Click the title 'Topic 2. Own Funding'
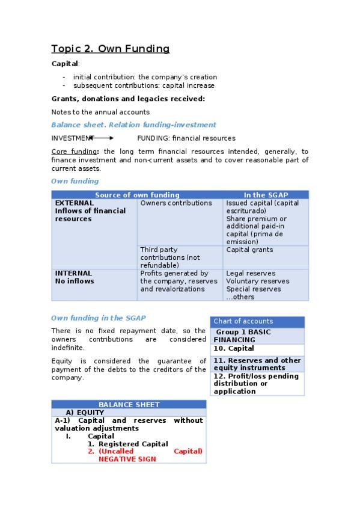click(111, 49)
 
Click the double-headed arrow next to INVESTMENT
click(101, 138)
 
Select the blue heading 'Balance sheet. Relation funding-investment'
click(133, 125)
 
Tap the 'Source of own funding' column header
click(137, 195)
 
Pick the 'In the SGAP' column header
click(266, 195)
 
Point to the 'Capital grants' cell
click(249, 250)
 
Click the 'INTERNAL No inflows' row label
click(75, 277)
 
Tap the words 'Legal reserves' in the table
click(251, 274)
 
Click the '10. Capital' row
click(234, 349)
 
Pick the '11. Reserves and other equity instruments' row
click(257, 364)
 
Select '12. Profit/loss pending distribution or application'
click(256, 384)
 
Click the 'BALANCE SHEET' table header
click(129, 405)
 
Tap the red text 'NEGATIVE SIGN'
click(127, 459)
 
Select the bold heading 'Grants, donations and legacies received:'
click(128, 99)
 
